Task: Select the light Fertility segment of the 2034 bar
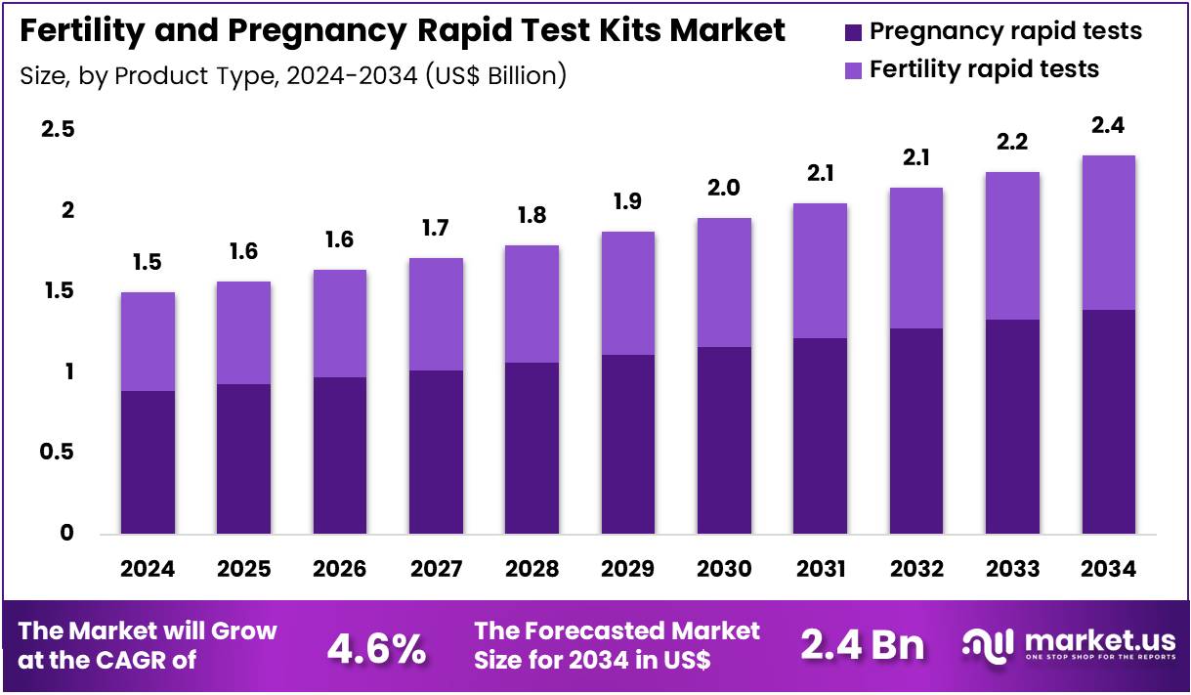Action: pos(1108,233)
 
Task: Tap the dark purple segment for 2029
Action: pos(627,445)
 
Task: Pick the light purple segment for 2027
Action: pos(436,314)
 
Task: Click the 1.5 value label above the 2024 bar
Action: pos(148,263)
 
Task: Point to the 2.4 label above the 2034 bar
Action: pos(1108,126)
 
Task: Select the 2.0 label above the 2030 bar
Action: pos(723,189)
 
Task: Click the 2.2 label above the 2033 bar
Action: pos(1012,143)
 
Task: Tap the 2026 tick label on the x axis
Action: pos(339,569)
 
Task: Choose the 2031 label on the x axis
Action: pos(819,569)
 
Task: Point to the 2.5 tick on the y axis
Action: pos(58,131)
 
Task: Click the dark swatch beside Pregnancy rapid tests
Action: pos(853,31)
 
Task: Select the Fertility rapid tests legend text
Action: pos(984,69)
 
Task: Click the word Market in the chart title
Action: pos(728,31)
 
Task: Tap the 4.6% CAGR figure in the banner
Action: pos(376,647)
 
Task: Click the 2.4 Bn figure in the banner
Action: pos(862,645)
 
